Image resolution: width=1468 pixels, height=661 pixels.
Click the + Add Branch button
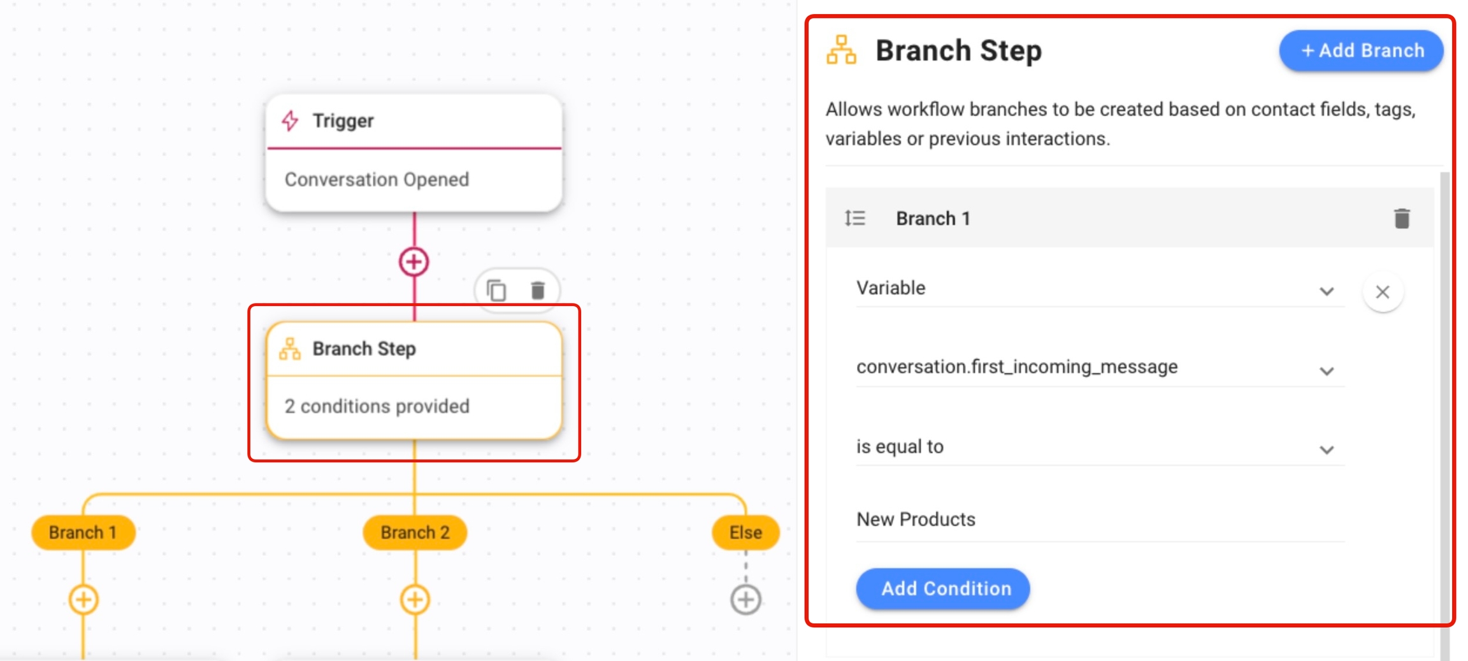pos(1361,50)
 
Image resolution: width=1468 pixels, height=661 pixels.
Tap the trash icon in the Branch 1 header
pos(1402,218)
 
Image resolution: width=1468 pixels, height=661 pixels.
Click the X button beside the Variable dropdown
pos(1383,292)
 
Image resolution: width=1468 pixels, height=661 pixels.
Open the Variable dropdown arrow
pos(1327,291)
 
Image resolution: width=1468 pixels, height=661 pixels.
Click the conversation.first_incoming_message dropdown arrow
pos(1327,371)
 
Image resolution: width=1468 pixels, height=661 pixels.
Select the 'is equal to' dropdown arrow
pos(1327,450)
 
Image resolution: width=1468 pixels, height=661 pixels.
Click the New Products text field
pos(1100,519)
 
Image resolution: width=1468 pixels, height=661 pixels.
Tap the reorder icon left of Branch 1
pos(855,219)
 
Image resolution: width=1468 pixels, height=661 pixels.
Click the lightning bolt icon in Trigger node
pos(291,120)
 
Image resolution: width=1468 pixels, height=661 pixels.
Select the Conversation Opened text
pos(377,180)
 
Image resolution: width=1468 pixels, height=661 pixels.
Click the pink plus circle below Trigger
pos(414,261)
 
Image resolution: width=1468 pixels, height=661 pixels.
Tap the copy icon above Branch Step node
pos(496,291)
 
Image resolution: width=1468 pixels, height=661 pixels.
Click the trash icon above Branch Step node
pos(538,291)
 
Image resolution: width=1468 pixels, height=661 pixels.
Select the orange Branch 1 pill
pos(83,532)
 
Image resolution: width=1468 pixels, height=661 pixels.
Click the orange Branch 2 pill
pos(415,532)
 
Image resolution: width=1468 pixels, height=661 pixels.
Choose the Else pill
pos(745,532)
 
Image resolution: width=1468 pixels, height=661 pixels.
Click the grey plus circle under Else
pos(745,600)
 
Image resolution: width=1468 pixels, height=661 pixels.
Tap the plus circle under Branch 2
pos(415,600)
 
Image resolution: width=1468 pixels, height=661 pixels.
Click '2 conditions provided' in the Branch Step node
pos(377,407)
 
